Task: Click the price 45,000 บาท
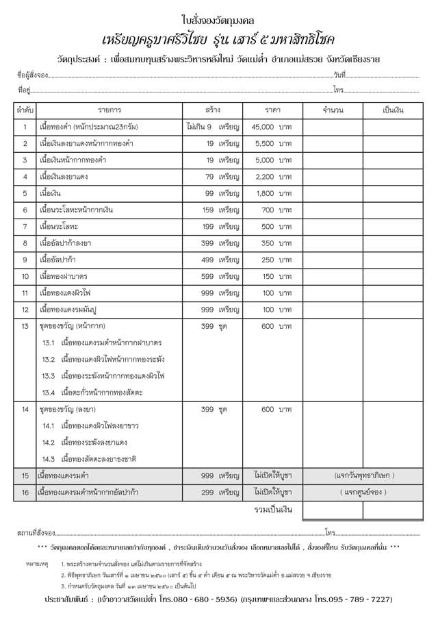[x=272, y=127]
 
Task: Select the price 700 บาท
[x=276, y=210]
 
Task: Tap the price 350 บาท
[x=276, y=243]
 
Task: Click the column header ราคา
[x=272, y=110]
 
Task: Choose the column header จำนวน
[x=332, y=110]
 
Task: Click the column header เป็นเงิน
[x=393, y=110]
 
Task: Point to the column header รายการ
[x=109, y=110]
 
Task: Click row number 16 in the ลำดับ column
[x=25, y=492]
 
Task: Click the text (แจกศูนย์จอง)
[x=363, y=492]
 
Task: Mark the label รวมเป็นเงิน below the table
[x=272, y=510]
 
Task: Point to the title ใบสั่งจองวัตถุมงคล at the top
[x=218, y=20]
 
